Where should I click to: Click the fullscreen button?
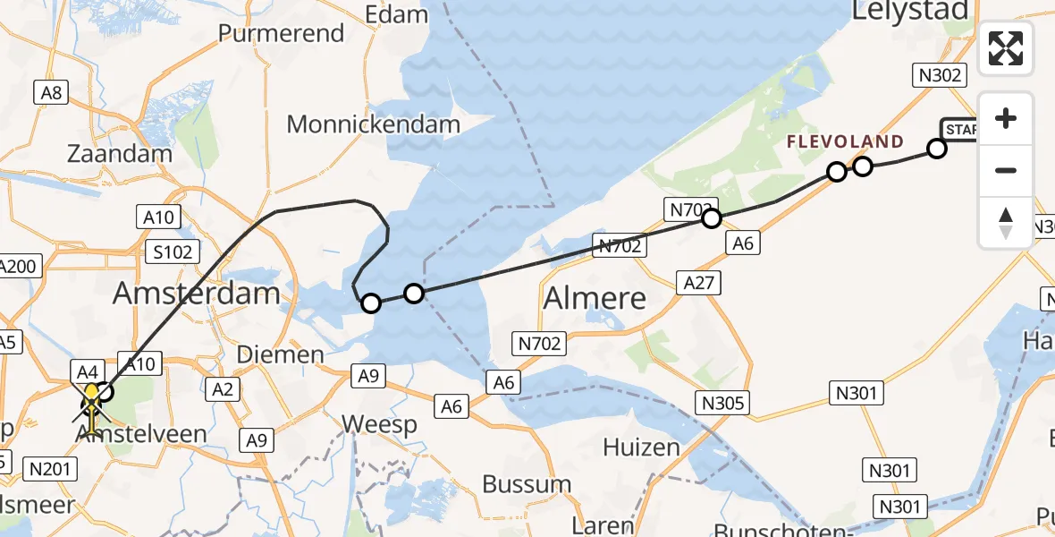point(1006,48)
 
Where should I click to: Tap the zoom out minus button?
point(1006,170)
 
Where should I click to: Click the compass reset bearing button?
point(1006,222)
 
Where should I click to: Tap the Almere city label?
point(595,298)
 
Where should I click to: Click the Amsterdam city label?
point(198,294)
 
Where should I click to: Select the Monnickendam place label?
point(374,124)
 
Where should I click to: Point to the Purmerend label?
point(282,33)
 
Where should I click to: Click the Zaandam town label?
point(120,153)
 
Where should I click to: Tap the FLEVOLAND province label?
point(845,141)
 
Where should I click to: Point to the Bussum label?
point(527,484)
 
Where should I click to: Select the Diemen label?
point(280,354)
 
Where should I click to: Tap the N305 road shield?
point(724,403)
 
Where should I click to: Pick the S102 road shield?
point(173,251)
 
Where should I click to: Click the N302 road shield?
point(938,75)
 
